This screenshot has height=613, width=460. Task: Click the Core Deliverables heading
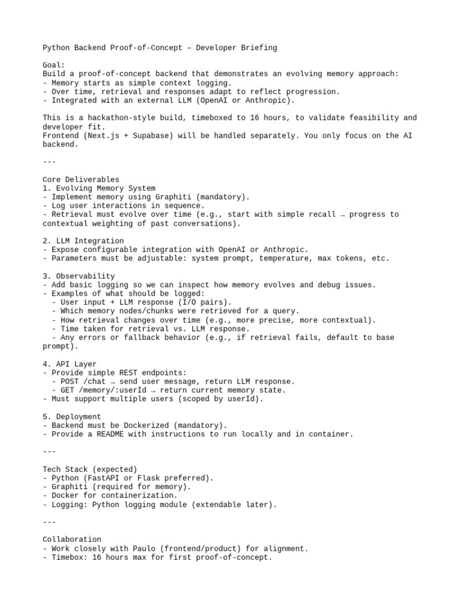pyautogui.click(x=81, y=180)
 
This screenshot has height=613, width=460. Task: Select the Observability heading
pyautogui.click(x=78, y=276)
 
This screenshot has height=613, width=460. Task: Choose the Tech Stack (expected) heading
pyautogui.click(x=90, y=469)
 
